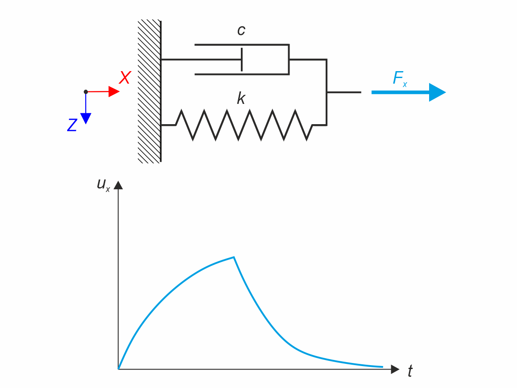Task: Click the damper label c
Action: (x=241, y=30)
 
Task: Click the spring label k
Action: (x=241, y=99)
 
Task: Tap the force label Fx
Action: (x=399, y=79)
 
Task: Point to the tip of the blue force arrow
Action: (x=445, y=92)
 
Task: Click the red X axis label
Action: (x=125, y=78)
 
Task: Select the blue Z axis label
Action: (x=72, y=125)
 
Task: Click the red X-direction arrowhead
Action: (x=114, y=91)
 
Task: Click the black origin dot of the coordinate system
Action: (x=86, y=92)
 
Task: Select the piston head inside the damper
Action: (x=242, y=59)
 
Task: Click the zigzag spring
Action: (x=243, y=125)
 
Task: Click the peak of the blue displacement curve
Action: (x=234, y=257)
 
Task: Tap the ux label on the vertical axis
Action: (x=103, y=185)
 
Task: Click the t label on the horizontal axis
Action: (x=410, y=371)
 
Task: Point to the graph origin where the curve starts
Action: (x=118, y=369)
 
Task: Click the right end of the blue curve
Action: (x=383, y=367)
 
